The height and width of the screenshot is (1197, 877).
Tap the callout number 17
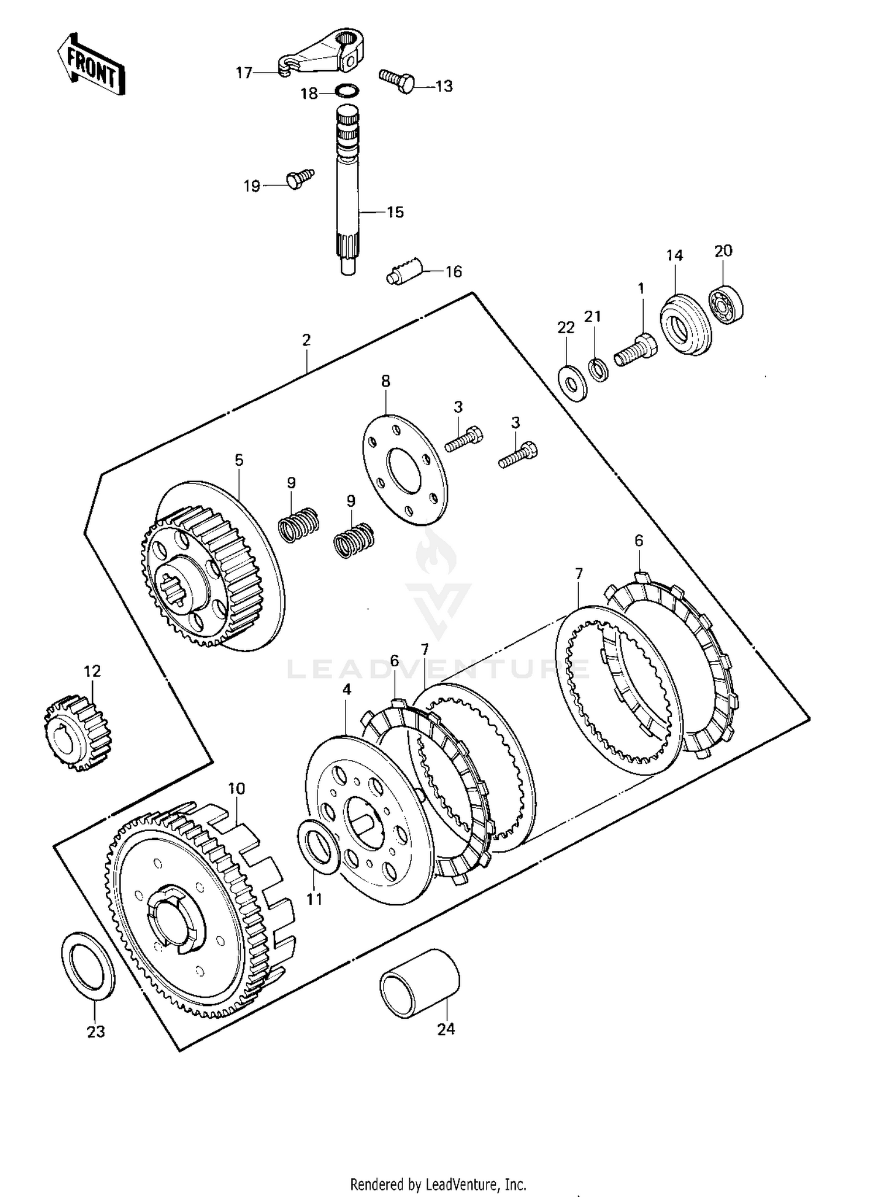click(244, 73)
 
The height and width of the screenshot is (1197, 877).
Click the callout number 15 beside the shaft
click(395, 212)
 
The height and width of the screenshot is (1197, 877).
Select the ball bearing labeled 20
click(726, 303)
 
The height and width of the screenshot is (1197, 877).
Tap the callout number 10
click(236, 788)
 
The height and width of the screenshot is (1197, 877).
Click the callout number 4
click(347, 690)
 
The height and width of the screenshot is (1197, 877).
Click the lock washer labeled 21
click(598, 370)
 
